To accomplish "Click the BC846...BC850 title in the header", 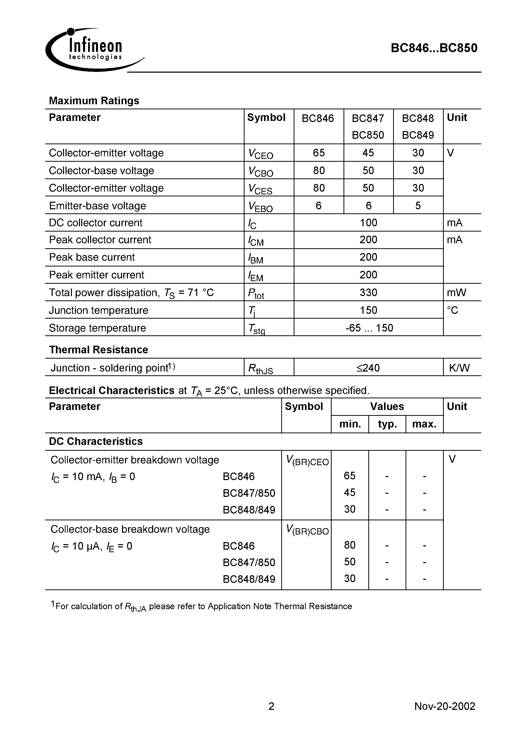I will click(x=434, y=48).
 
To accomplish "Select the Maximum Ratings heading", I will click(x=94, y=100).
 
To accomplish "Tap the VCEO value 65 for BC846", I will click(x=318, y=153).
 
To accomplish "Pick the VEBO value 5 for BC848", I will click(x=418, y=206).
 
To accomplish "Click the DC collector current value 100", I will click(x=368, y=223).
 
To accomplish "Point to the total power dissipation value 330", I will click(x=368, y=292).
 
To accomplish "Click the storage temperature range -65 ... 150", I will click(x=369, y=328).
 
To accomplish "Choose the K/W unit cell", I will click(x=459, y=368).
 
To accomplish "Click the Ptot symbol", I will click(x=256, y=293).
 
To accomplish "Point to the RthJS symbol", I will click(x=260, y=369).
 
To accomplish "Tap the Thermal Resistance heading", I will click(x=98, y=350).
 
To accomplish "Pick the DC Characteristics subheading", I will click(x=95, y=441).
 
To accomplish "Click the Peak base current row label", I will click(x=92, y=257).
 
